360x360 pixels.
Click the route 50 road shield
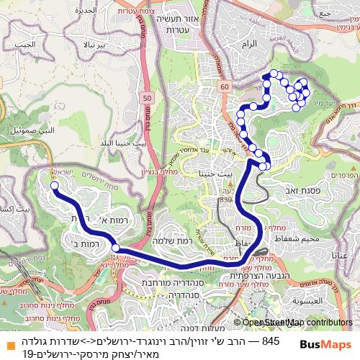(147, 97)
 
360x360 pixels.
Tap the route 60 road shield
(225, 86)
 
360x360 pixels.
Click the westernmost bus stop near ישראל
(54, 186)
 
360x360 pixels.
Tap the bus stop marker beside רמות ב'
(115, 248)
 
